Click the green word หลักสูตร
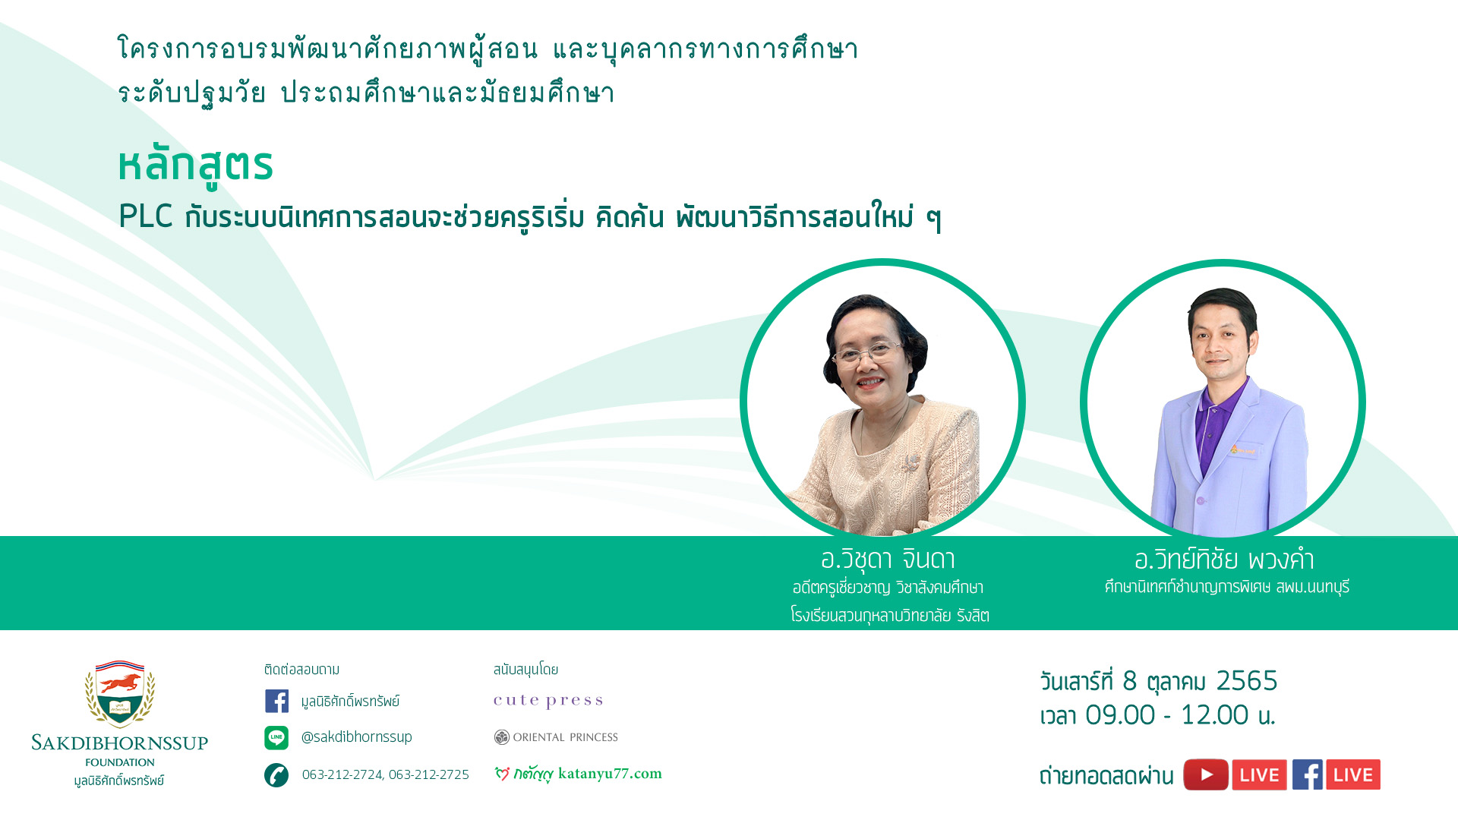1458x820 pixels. coord(195,165)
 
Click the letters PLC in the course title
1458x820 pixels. coord(146,216)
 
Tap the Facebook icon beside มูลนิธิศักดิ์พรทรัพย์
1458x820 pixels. coord(276,701)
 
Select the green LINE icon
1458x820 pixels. coord(276,737)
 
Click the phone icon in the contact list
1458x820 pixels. coord(276,775)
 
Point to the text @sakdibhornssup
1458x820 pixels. coord(357,737)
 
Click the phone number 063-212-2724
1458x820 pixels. coord(342,774)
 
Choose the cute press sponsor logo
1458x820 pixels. coord(548,701)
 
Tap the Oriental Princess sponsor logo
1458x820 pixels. coord(556,737)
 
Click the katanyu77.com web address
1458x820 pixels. coord(610,774)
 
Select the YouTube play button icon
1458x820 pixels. coord(1206,774)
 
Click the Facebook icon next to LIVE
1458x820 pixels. coord(1308,774)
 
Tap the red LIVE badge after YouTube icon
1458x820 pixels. coord(1260,774)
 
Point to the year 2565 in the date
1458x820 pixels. coord(1247,681)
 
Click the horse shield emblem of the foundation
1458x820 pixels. coord(120,693)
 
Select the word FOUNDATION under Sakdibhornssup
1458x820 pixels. coord(120,762)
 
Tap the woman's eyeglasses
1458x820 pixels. coord(867,352)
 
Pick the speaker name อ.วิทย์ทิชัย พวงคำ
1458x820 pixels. coord(1224,560)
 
